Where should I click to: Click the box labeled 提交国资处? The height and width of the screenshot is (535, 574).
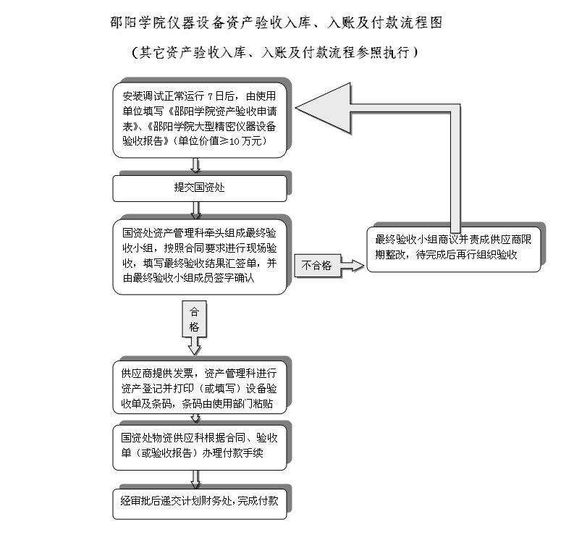[200, 188]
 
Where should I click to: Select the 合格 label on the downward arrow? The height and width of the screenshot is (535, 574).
[194, 319]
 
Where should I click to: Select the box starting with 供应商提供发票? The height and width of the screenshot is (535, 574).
[200, 387]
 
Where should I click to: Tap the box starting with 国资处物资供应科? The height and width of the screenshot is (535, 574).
[200, 447]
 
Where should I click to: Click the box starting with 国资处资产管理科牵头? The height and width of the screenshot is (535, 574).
[200, 257]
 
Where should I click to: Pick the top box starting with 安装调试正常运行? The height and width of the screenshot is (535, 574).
[200, 120]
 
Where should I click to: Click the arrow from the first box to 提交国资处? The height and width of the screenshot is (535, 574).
[196, 166]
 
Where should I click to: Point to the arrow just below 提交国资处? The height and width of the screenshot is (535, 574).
[196, 211]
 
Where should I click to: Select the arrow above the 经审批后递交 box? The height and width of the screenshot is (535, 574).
[196, 480]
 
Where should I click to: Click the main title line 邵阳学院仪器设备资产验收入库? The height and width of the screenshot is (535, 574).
[277, 22]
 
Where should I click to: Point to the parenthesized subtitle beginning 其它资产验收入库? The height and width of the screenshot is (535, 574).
[274, 52]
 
